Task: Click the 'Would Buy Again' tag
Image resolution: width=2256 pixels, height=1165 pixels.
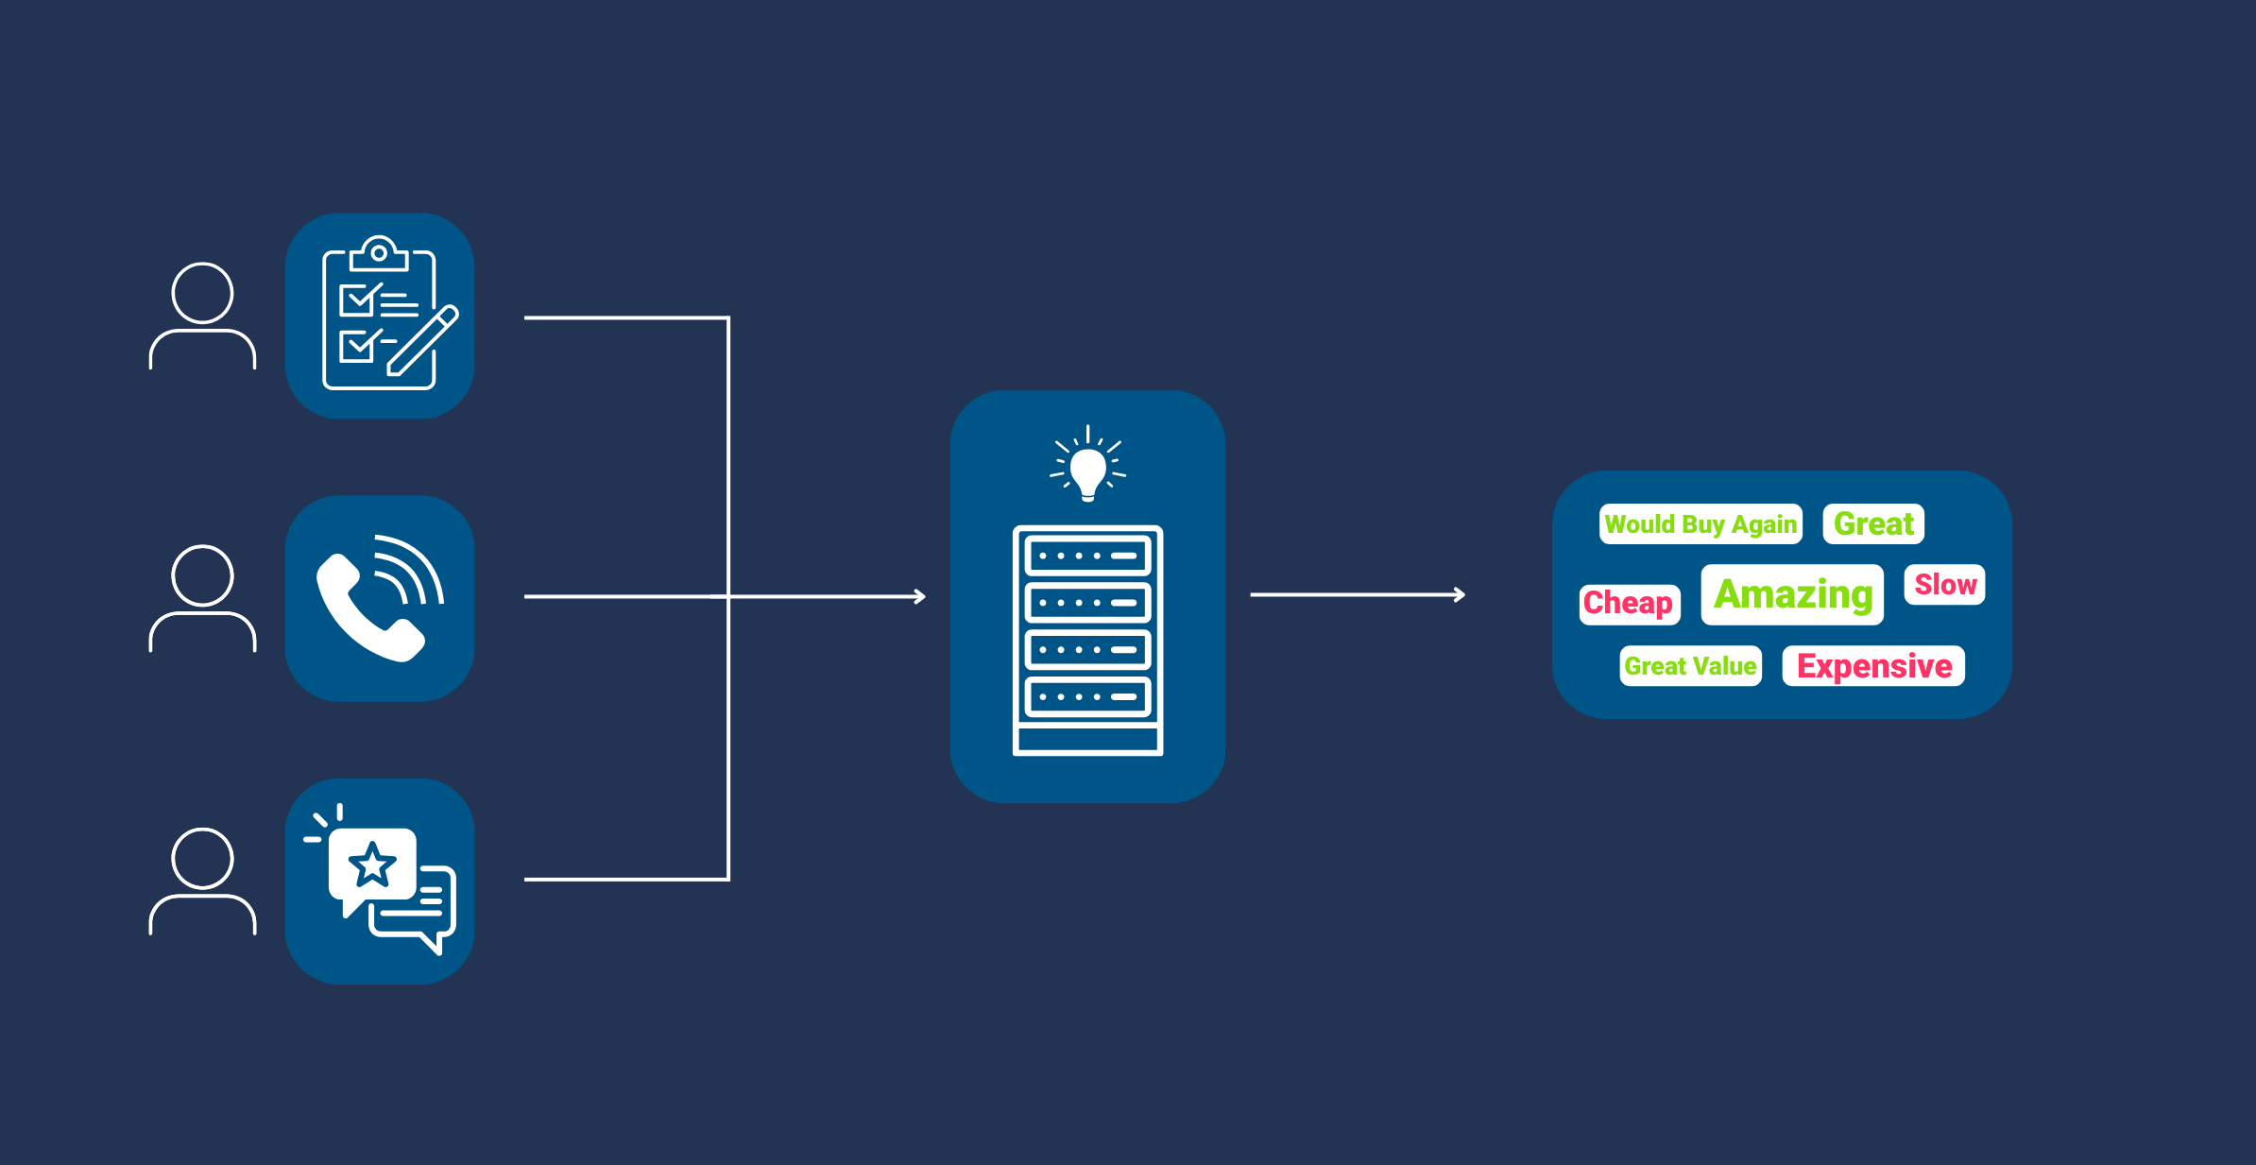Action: (x=1701, y=524)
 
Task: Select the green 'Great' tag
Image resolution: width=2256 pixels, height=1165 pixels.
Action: (x=1873, y=523)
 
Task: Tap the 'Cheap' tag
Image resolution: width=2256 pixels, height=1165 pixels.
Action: (x=1629, y=603)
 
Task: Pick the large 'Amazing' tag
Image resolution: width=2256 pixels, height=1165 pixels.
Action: (x=1792, y=594)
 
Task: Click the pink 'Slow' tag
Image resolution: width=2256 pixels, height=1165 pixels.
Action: (x=1945, y=585)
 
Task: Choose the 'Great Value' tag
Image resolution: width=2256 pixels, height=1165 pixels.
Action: (x=1690, y=666)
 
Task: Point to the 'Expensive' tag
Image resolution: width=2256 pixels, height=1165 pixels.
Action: (x=1873, y=666)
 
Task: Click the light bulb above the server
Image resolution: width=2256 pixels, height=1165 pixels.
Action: (x=1087, y=470)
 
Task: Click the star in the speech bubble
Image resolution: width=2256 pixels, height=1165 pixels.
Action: (x=372, y=865)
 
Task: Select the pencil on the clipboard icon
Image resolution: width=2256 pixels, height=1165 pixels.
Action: (x=422, y=341)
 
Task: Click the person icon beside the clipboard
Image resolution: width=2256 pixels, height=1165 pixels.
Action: (x=202, y=316)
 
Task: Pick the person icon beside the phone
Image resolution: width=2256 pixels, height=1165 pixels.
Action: (x=202, y=598)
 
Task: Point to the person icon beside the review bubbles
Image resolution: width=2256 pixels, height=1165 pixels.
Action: (x=202, y=881)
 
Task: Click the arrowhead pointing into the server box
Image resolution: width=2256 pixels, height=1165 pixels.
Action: (x=920, y=596)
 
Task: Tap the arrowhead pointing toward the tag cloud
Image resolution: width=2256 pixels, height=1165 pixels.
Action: (x=1460, y=594)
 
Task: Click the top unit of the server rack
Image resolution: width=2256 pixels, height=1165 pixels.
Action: (x=1087, y=556)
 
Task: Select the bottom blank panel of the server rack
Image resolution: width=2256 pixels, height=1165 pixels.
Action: (x=1087, y=739)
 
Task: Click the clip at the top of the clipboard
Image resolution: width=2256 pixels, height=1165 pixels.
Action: (x=379, y=254)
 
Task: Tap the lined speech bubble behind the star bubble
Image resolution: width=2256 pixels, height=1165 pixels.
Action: (x=425, y=912)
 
